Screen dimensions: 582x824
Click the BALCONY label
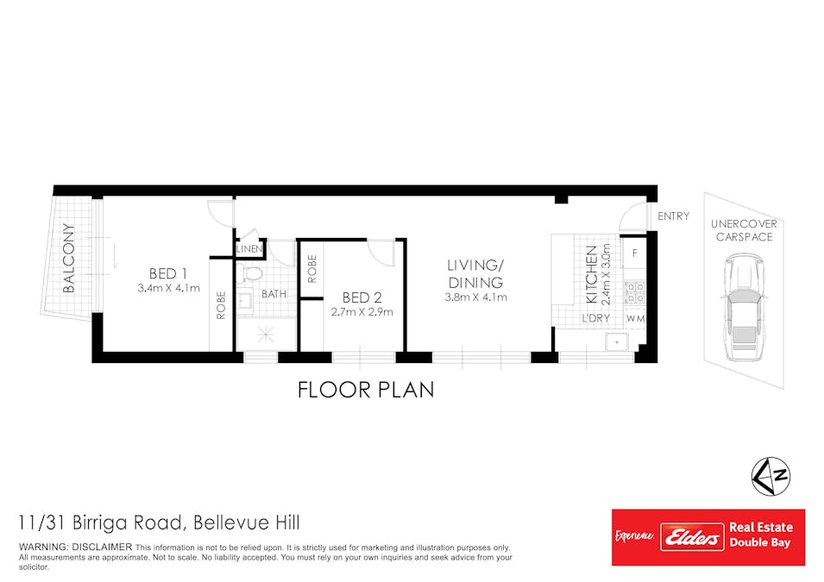[x=68, y=259]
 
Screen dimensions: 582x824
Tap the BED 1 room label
[x=168, y=271]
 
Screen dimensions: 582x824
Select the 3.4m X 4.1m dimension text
[x=168, y=288]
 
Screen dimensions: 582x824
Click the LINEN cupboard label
[x=248, y=249]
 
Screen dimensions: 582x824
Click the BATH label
[x=274, y=294]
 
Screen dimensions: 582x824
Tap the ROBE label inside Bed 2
[x=311, y=268]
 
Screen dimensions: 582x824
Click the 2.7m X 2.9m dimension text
[x=362, y=311]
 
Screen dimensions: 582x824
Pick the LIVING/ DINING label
[x=475, y=273]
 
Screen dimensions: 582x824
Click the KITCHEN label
[x=592, y=274]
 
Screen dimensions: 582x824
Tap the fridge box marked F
[x=634, y=253]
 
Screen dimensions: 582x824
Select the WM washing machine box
[x=634, y=319]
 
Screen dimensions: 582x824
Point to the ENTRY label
[x=673, y=216]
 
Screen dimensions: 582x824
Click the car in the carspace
[x=743, y=308]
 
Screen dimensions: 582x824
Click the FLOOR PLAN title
[x=366, y=390]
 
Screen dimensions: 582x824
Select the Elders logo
[x=692, y=537]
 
